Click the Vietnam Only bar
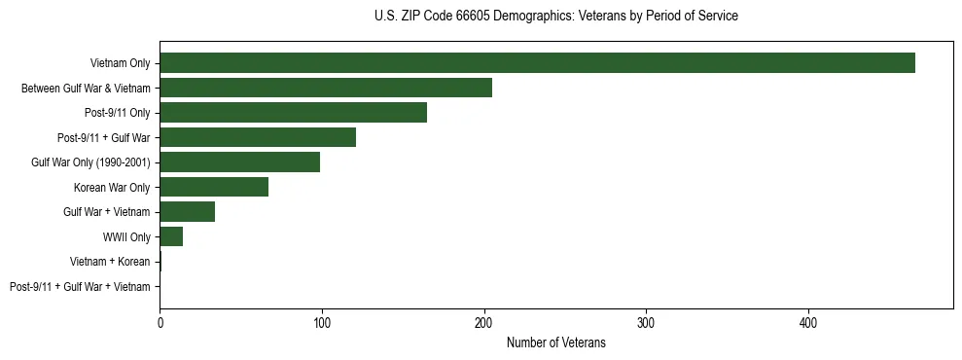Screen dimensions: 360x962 pyautogui.click(x=537, y=63)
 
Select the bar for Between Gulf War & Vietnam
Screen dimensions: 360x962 pyautogui.click(x=326, y=89)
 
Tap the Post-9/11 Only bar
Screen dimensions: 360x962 pyautogui.click(x=293, y=113)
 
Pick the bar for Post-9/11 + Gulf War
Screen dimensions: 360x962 pyautogui.click(x=258, y=138)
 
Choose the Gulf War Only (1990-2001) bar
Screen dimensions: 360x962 pyautogui.click(x=239, y=162)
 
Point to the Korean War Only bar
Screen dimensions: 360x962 pyautogui.click(x=214, y=188)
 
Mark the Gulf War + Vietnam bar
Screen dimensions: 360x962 pyautogui.click(x=187, y=212)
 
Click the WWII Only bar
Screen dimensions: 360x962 pyautogui.click(x=171, y=237)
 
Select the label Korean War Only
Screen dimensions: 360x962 pyautogui.click(x=112, y=188)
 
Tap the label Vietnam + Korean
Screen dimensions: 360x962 pyautogui.click(x=110, y=262)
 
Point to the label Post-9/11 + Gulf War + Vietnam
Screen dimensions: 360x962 pyautogui.click(x=80, y=287)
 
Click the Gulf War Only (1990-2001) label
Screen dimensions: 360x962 pyautogui.click(x=90, y=162)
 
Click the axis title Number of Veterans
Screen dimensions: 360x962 pyautogui.click(x=555, y=342)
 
